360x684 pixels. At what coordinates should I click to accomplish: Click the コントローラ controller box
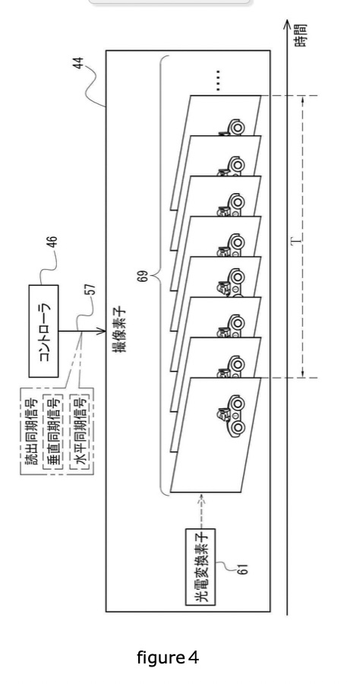pos(43,331)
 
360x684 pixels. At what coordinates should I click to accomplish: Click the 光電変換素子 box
pos(200,567)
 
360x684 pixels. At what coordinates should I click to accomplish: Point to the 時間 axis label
pos(300,36)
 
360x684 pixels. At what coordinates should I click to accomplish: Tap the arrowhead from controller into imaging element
pos(102,331)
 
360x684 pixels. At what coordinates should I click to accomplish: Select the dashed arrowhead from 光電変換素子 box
pos(201,497)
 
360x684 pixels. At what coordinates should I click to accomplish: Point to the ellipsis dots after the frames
pos(218,81)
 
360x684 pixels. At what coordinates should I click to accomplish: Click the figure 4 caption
pos(168,657)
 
